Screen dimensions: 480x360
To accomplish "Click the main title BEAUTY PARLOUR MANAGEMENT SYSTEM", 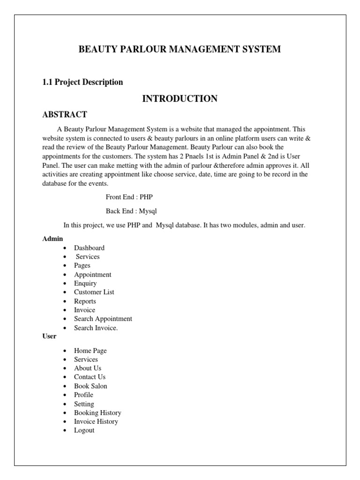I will [180, 49].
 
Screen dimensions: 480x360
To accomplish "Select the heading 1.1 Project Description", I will [82, 82].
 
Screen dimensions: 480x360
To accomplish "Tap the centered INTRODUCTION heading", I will [180, 98].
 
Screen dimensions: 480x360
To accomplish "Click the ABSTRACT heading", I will [65, 114].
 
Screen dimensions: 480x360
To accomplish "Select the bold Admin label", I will [52, 239].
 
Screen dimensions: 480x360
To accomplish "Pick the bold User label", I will [49, 336].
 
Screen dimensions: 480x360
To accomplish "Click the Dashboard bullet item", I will [89, 247].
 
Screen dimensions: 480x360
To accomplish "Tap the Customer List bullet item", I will [94, 292].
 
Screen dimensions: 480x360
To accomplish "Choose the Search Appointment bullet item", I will [103, 319].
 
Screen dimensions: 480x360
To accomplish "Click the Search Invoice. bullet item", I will [96, 328].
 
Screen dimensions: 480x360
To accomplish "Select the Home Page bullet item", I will [90, 351].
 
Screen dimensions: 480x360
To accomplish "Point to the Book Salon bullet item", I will [90, 386].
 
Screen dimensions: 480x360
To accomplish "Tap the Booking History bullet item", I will [97, 413].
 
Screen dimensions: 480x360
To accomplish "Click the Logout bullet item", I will [84, 430].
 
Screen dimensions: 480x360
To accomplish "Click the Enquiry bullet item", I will [85, 283].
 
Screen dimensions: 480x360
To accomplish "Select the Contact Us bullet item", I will [90, 377].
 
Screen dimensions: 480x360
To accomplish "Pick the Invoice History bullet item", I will [96, 421].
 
